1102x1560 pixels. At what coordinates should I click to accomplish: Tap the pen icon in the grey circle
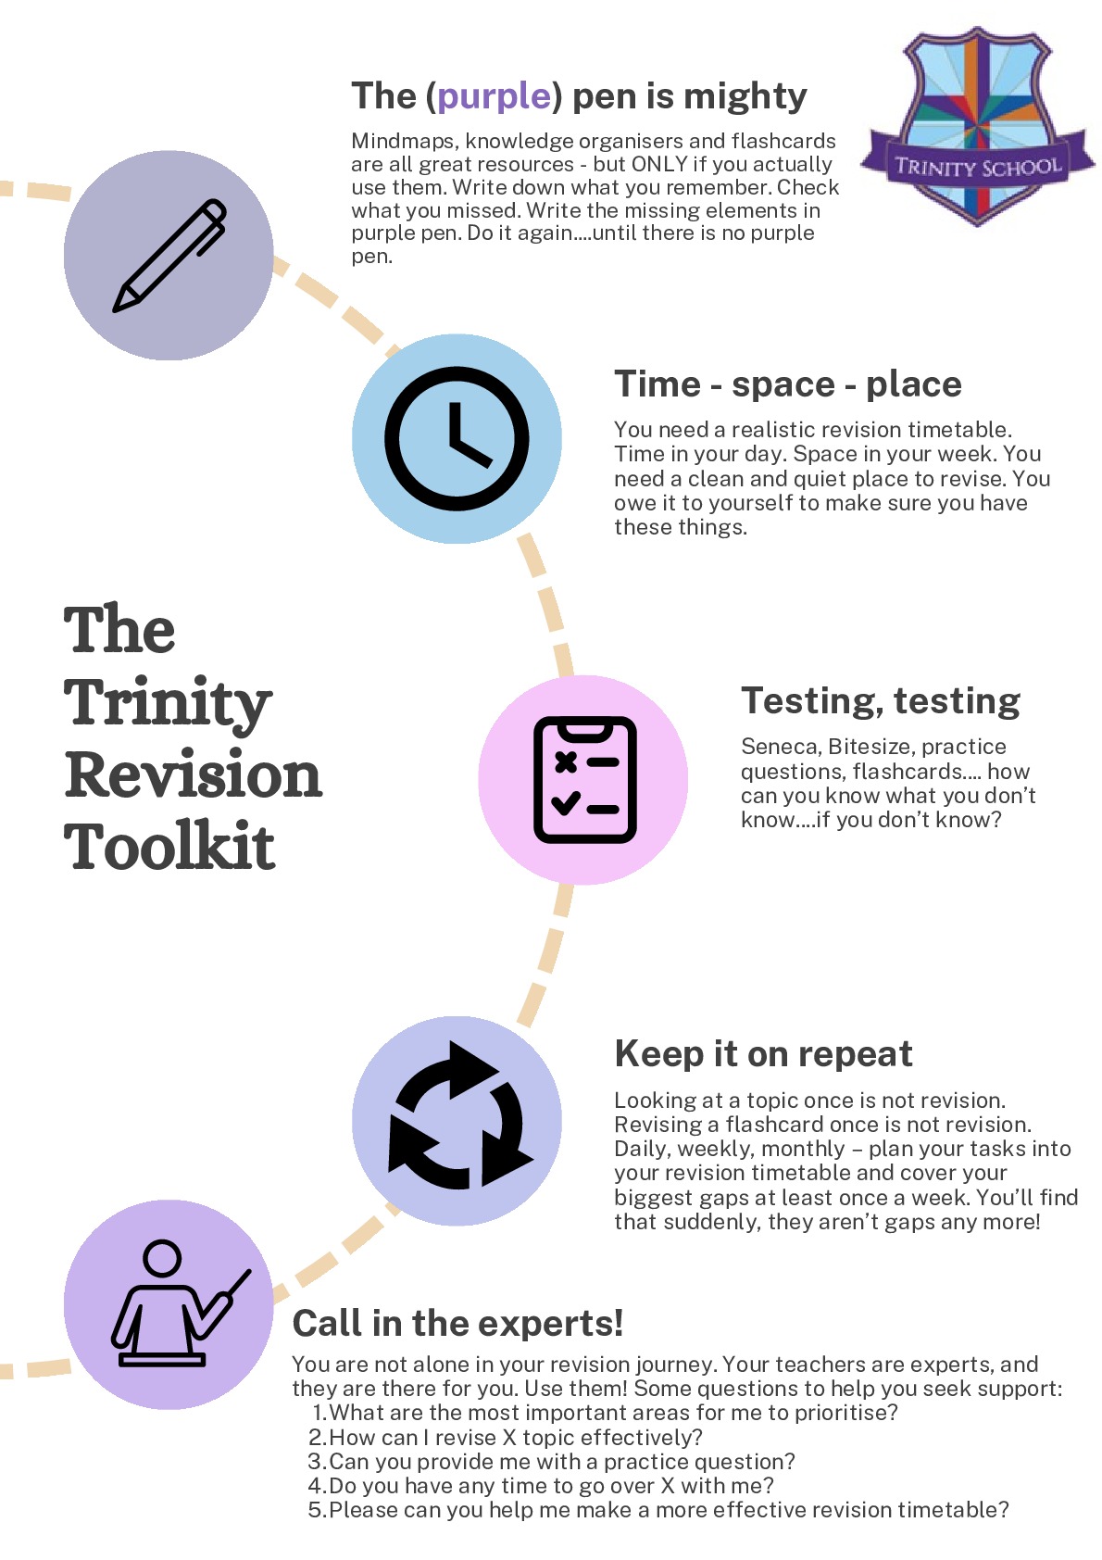click(x=169, y=256)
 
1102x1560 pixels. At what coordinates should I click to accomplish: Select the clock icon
click(x=457, y=438)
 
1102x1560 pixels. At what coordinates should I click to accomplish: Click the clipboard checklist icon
click(x=584, y=780)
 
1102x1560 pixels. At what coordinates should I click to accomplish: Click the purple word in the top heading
click(x=495, y=96)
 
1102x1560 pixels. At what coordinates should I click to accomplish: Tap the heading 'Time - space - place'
click(x=787, y=384)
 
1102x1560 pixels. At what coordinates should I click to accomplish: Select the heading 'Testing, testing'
click(x=880, y=701)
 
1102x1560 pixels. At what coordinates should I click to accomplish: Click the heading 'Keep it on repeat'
click(x=763, y=1054)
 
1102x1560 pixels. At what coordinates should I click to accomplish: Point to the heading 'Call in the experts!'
click(x=457, y=1324)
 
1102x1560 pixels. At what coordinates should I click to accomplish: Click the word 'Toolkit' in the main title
click(x=169, y=846)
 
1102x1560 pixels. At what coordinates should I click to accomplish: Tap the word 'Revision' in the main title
click(x=193, y=774)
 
